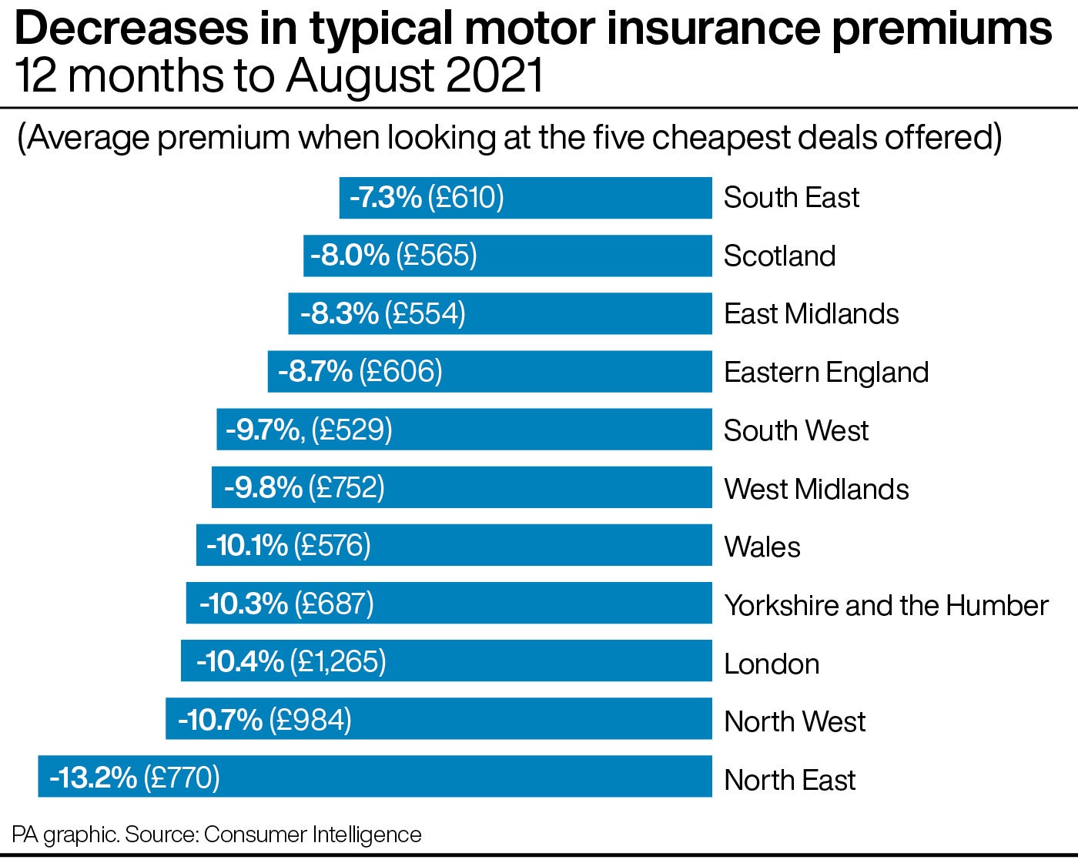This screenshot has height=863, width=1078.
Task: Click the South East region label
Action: coord(791,198)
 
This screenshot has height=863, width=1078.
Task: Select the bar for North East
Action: coord(462,777)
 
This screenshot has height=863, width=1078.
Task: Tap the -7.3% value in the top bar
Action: coord(386,198)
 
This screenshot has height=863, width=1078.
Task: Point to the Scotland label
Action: coord(779,256)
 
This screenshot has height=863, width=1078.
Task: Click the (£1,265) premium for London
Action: coord(338,661)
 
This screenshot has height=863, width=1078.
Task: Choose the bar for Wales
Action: coord(539,545)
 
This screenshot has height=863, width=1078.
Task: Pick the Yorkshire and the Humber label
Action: coord(886,606)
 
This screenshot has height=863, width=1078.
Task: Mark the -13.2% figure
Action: coord(93,778)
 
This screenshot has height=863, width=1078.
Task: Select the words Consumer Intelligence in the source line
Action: coord(313,835)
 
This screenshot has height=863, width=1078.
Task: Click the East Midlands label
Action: coord(812,314)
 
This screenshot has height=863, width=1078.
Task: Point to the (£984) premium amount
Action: coord(309,720)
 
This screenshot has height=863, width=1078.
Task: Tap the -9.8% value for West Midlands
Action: coord(263,487)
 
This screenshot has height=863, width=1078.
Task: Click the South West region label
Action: coord(796,430)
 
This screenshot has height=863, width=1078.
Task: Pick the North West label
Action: coord(795,722)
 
